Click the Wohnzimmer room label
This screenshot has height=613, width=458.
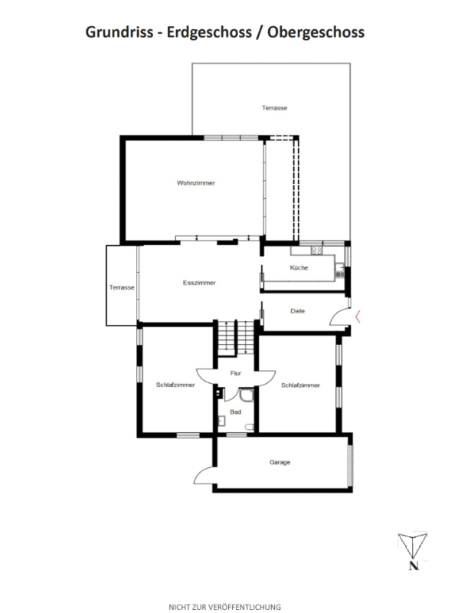tap(195, 183)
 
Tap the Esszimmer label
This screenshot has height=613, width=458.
tap(199, 283)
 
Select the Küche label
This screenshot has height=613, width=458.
tap(299, 268)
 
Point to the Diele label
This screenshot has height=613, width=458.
tap(298, 310)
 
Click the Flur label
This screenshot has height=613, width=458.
tap(236, 373)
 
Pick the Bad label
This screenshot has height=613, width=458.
tap(235, 411)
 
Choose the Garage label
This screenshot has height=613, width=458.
tap(280, 462)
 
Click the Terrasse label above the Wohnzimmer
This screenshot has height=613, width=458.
tap(274, 108)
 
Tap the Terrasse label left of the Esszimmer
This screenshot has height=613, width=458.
tap(122, 287)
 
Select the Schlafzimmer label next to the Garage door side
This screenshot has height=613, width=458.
tap(175, 385)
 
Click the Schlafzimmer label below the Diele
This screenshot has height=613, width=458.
tap(300, 385)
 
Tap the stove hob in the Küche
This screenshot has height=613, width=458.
tap(313, 251)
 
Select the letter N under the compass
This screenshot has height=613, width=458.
tap(414, 567)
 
